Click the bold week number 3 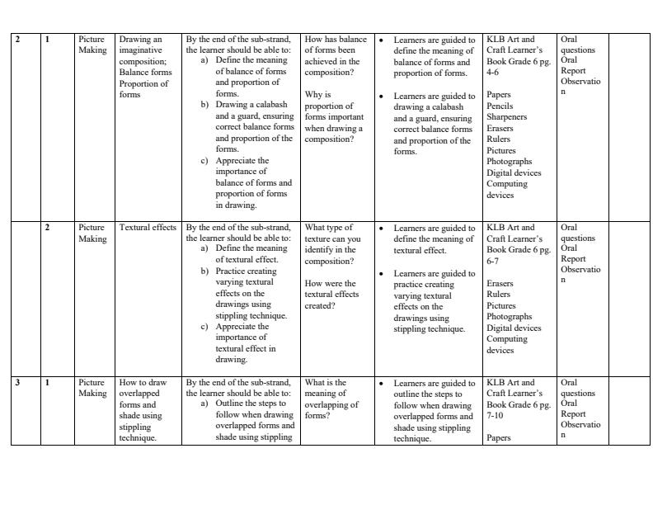pos(16,383)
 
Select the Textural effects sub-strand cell pos(148,228)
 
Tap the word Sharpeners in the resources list pos(506,117)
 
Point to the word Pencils pos(500,106)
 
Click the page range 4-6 pos(492,73)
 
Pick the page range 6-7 pos(492,261)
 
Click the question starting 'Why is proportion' pos(333,116)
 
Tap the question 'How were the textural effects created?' pos(331,295)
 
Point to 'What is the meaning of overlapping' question pos(331,399)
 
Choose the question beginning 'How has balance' pos(335,55)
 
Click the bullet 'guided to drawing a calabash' pos(434,124)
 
